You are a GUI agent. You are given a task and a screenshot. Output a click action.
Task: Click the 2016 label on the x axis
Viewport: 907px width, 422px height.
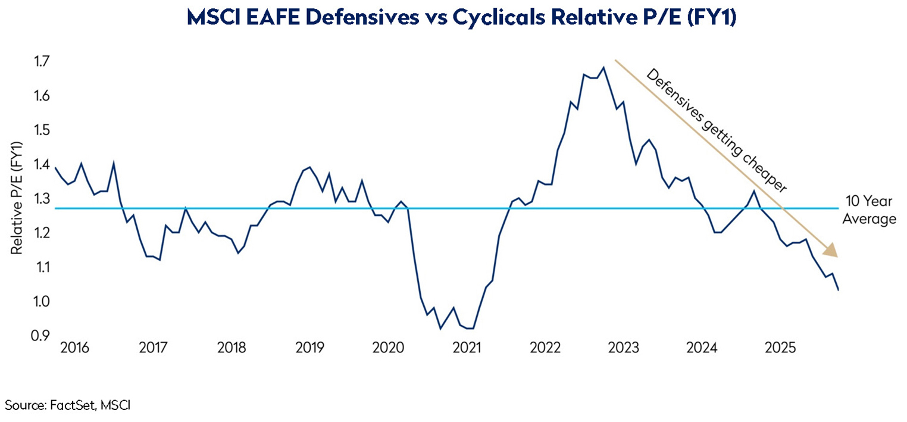click(74, 348)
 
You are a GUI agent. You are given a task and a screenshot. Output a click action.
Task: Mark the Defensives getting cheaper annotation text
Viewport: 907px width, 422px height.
click(717, 132)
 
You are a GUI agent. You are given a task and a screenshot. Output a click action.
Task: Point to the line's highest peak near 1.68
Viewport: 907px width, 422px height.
click(603, 67)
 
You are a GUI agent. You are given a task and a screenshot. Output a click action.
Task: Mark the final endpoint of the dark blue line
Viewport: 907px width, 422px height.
click(839, 290)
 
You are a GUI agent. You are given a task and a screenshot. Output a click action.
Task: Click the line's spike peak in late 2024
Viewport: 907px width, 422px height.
click(754, 191)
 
